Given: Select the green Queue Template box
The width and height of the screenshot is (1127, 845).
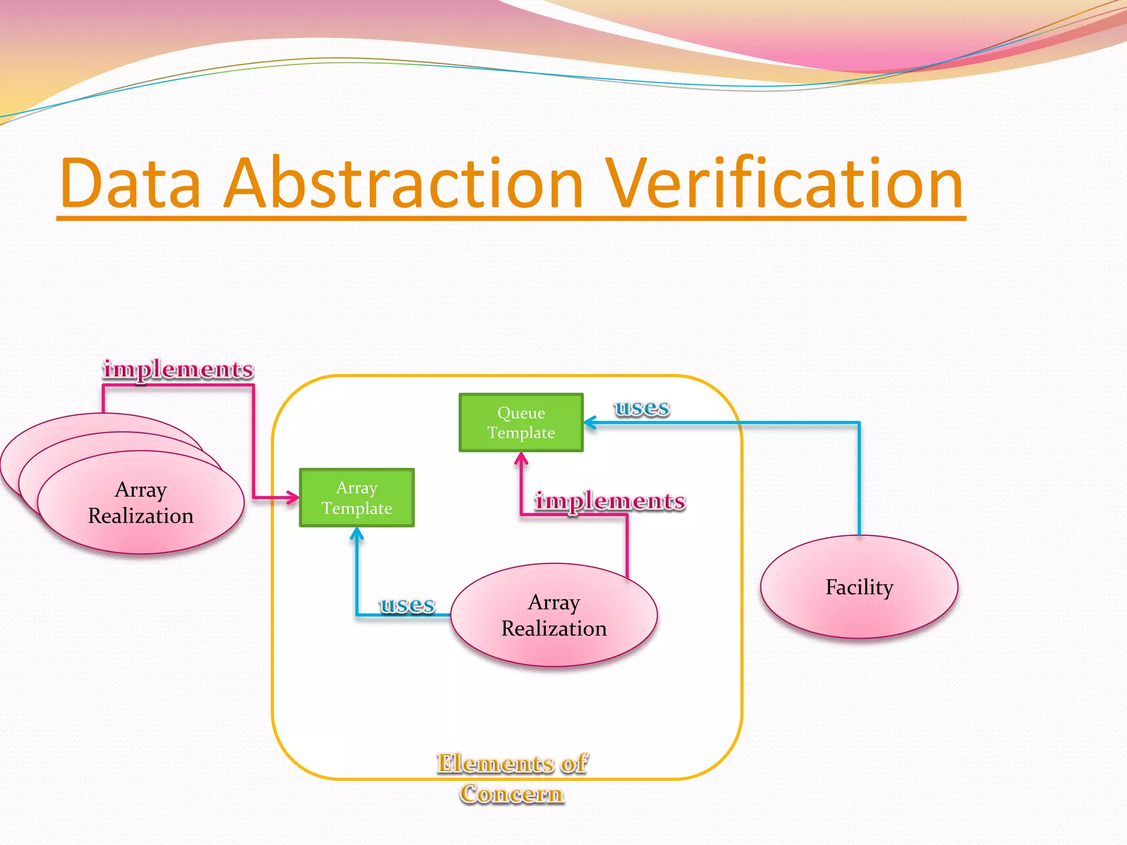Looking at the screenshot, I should click(x=521, y=422).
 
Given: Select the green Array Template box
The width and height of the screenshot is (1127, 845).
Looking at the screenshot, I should click(x=357, y=497).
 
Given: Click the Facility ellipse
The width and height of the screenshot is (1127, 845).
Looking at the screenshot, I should click(x=858, y=587).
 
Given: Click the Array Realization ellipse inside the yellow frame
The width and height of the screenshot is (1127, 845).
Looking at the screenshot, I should click(x=554, y=615).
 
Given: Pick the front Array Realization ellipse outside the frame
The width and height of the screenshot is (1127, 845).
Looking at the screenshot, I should click(x=141, y=502).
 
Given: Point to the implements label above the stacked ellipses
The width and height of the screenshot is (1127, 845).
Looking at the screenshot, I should click(x=178, y=369).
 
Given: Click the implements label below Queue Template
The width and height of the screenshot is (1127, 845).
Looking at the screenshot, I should click(x=610, y=501).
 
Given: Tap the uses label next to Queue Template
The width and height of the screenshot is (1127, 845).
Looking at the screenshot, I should click(x=642, y=408).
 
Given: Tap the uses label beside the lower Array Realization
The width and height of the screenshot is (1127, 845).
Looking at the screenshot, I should click(x=407, y=605).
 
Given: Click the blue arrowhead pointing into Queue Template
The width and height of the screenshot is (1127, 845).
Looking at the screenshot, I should click(x=588, y=422).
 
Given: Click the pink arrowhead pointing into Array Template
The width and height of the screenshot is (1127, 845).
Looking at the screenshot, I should click(x=294, y=498).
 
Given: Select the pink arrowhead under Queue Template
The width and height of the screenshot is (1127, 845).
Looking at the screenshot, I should click(x=521, y=457).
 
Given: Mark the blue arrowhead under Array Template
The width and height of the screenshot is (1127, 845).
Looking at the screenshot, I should click(x=357, y=532).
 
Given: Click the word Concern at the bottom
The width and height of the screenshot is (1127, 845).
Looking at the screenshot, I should click(x=512, y=794).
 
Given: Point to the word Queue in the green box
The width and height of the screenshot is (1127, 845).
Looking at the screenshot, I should click(x=521, y=413).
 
